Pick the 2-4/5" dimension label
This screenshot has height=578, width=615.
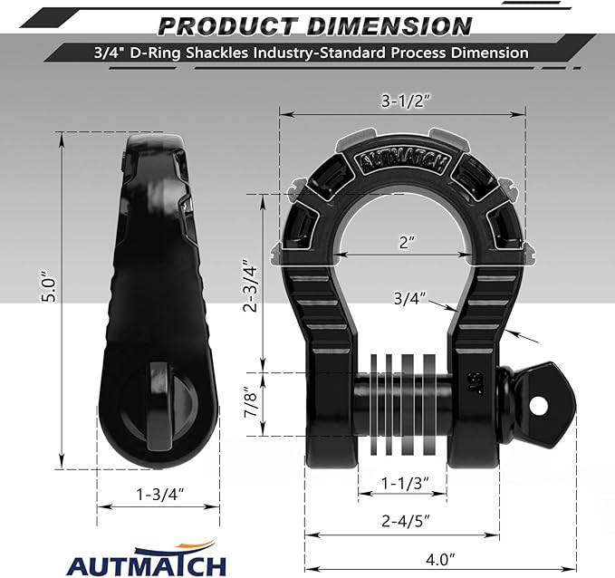(x=401, y=520)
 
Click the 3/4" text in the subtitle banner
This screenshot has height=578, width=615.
(x=107, y=53)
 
